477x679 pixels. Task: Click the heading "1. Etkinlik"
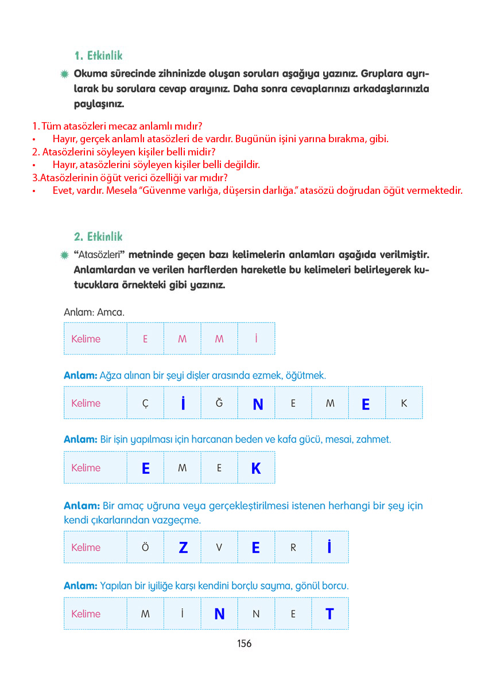[x=98, y=56]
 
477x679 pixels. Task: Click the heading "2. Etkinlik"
[x=98, y=236]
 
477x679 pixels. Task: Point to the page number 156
[x=244, y=643]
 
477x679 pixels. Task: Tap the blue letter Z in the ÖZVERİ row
[x=183, y=548]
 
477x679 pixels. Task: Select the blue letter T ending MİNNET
[x=329, y=614]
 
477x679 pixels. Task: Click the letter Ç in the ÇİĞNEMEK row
[x=145, y=403]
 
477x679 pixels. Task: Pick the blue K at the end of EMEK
[x=256, y=469]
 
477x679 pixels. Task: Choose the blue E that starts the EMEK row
[x=146, y=469]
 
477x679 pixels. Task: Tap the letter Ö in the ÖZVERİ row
[x=145, y=548]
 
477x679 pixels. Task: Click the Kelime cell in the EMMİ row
[x=86, y=339]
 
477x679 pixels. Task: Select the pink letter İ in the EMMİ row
[x=256, y=338]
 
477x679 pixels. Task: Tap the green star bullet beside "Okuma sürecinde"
[x=65, y=75]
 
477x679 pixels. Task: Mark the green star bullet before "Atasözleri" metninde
[x=65, y=255]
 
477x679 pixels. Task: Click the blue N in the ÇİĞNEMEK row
[x=258, y=404]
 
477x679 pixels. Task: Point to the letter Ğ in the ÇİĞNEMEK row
[x=219, y=403]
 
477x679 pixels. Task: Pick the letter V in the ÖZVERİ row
[x=219, y=548]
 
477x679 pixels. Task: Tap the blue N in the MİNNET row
[x=219, y=614]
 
